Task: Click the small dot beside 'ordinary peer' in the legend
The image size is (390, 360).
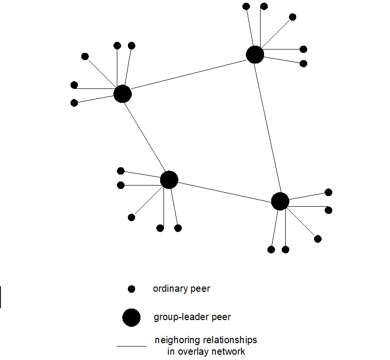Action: point(131,289)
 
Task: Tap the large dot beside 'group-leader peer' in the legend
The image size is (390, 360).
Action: point(131,318)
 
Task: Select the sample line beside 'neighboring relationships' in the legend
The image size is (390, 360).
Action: point(131,346)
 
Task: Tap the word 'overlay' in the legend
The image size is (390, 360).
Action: point(193,351)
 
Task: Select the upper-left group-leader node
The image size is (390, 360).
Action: point(123,94)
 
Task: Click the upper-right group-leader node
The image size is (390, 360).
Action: point(255,54)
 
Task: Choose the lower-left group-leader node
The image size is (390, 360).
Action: point(169,180)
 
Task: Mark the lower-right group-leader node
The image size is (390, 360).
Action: point(280,201)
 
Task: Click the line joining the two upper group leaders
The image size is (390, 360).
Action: point(189,74)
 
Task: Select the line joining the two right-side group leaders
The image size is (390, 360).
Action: point(267,127)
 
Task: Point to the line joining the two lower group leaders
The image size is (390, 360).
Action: point(224,190)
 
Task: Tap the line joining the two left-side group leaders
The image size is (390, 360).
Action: point(146,137)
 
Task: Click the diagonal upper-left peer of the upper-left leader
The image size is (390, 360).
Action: point(85,56)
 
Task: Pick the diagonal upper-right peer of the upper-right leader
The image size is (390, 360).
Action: point(292,17)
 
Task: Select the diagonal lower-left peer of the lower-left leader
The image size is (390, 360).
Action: point(131,217)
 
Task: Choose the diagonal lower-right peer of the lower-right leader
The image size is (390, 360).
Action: point(317,239)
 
